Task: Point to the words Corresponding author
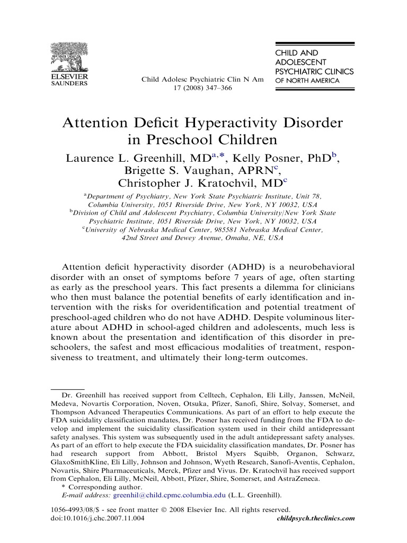click(x=100, y=487)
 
